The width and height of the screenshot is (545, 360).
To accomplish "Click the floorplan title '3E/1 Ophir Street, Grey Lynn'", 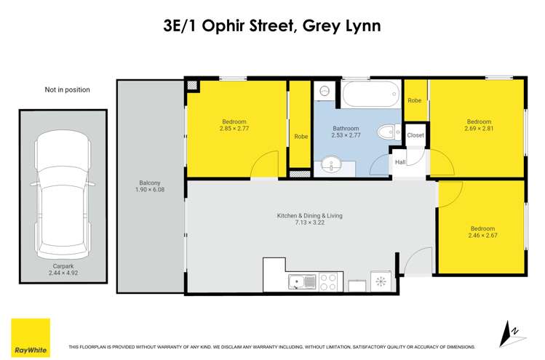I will (272, 27).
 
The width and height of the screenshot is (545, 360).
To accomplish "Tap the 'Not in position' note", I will (67, 90).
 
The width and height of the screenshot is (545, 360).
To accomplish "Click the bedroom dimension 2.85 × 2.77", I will (234, 129).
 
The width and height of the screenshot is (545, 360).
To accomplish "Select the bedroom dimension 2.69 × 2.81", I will (478, 129).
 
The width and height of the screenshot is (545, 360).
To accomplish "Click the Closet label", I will (415, 135).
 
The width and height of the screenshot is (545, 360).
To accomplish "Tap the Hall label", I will (400, 163).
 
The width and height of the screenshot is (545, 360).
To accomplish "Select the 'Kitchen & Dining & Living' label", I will (309, 216).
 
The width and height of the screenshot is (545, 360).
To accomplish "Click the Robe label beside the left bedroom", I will (300, 136).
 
